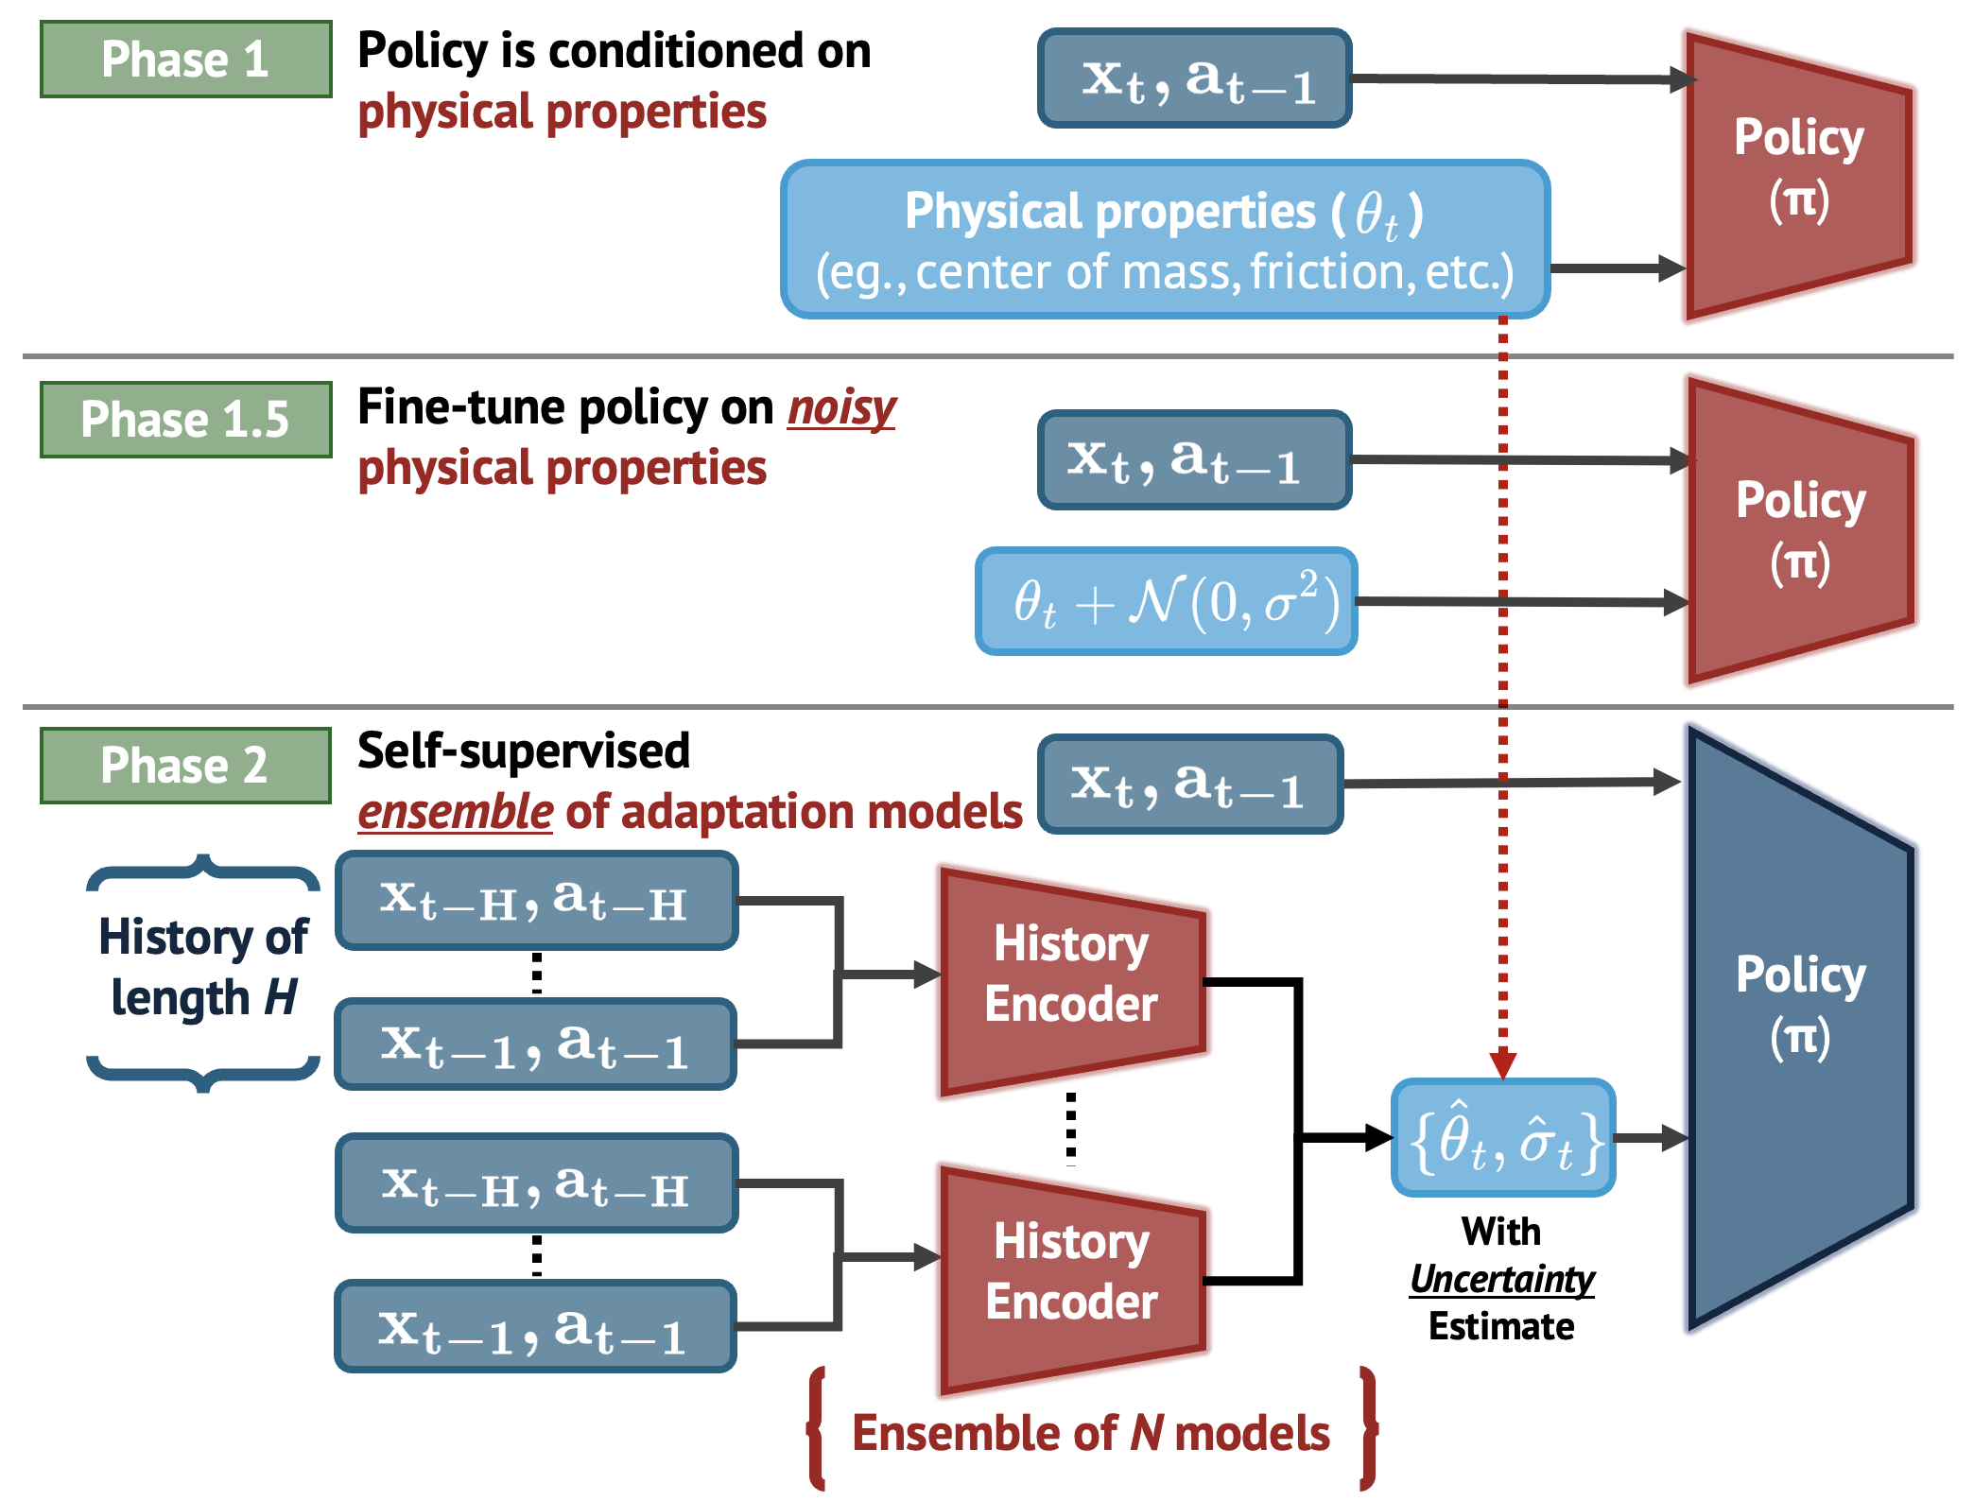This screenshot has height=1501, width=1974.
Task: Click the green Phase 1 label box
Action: coord(185,60)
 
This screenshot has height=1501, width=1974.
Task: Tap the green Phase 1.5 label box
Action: coord(185,420)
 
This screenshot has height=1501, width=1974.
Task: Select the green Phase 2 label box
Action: coord(185,766)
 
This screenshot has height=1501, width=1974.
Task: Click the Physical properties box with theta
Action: coord(1165,239)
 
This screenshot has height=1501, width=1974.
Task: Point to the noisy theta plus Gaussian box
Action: coord(1166,601)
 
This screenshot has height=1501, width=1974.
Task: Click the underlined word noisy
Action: coord(841,408)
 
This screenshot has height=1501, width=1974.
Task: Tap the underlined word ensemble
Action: coord(455,812)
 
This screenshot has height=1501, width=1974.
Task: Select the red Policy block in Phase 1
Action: coord(1797,175)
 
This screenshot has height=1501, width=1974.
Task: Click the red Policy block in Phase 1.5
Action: coord(1799,531)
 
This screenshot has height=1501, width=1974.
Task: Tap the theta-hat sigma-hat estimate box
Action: coord(1503,1138)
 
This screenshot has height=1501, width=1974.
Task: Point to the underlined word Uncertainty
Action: coord(1501,1279)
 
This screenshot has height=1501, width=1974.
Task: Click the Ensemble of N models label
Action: coord(1090,1433)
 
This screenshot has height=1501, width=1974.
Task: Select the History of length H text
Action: coord(203,968)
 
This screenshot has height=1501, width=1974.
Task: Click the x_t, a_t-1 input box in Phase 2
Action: coord(1189,785)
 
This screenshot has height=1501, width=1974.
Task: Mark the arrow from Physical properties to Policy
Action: coord(1619,268)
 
